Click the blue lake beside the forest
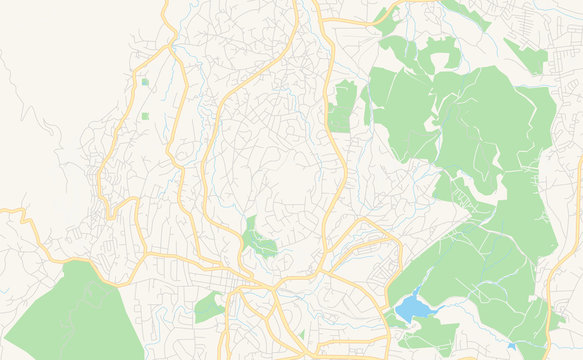tap(411, 305)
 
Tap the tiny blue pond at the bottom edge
tap(512, 347)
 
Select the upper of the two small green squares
tap(145, 82)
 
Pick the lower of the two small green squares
tap(145, 117)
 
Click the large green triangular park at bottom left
tap(70, 315)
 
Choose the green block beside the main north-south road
tap(343, 105)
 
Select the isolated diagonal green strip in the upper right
tap(525, 56)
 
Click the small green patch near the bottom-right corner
tap(556, 320)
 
